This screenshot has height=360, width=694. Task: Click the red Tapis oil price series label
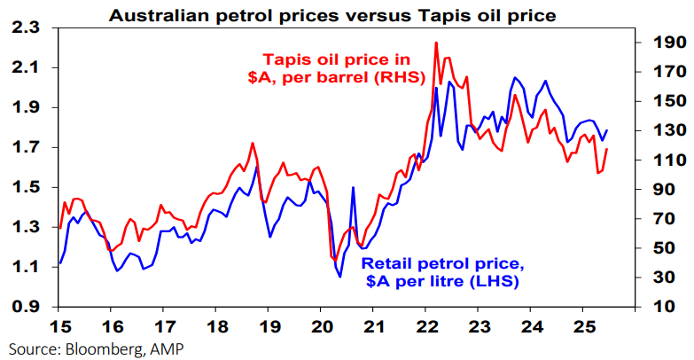click(x=339, y=68)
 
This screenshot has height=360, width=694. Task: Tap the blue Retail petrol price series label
click(x=438, y=272)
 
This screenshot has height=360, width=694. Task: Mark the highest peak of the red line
click(x=435, y=43)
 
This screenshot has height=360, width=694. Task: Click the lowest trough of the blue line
click(x=340, y=277)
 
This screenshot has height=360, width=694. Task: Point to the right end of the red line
click(x=607, y=148)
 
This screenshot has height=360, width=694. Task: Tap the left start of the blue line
click(x=59, y=263)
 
